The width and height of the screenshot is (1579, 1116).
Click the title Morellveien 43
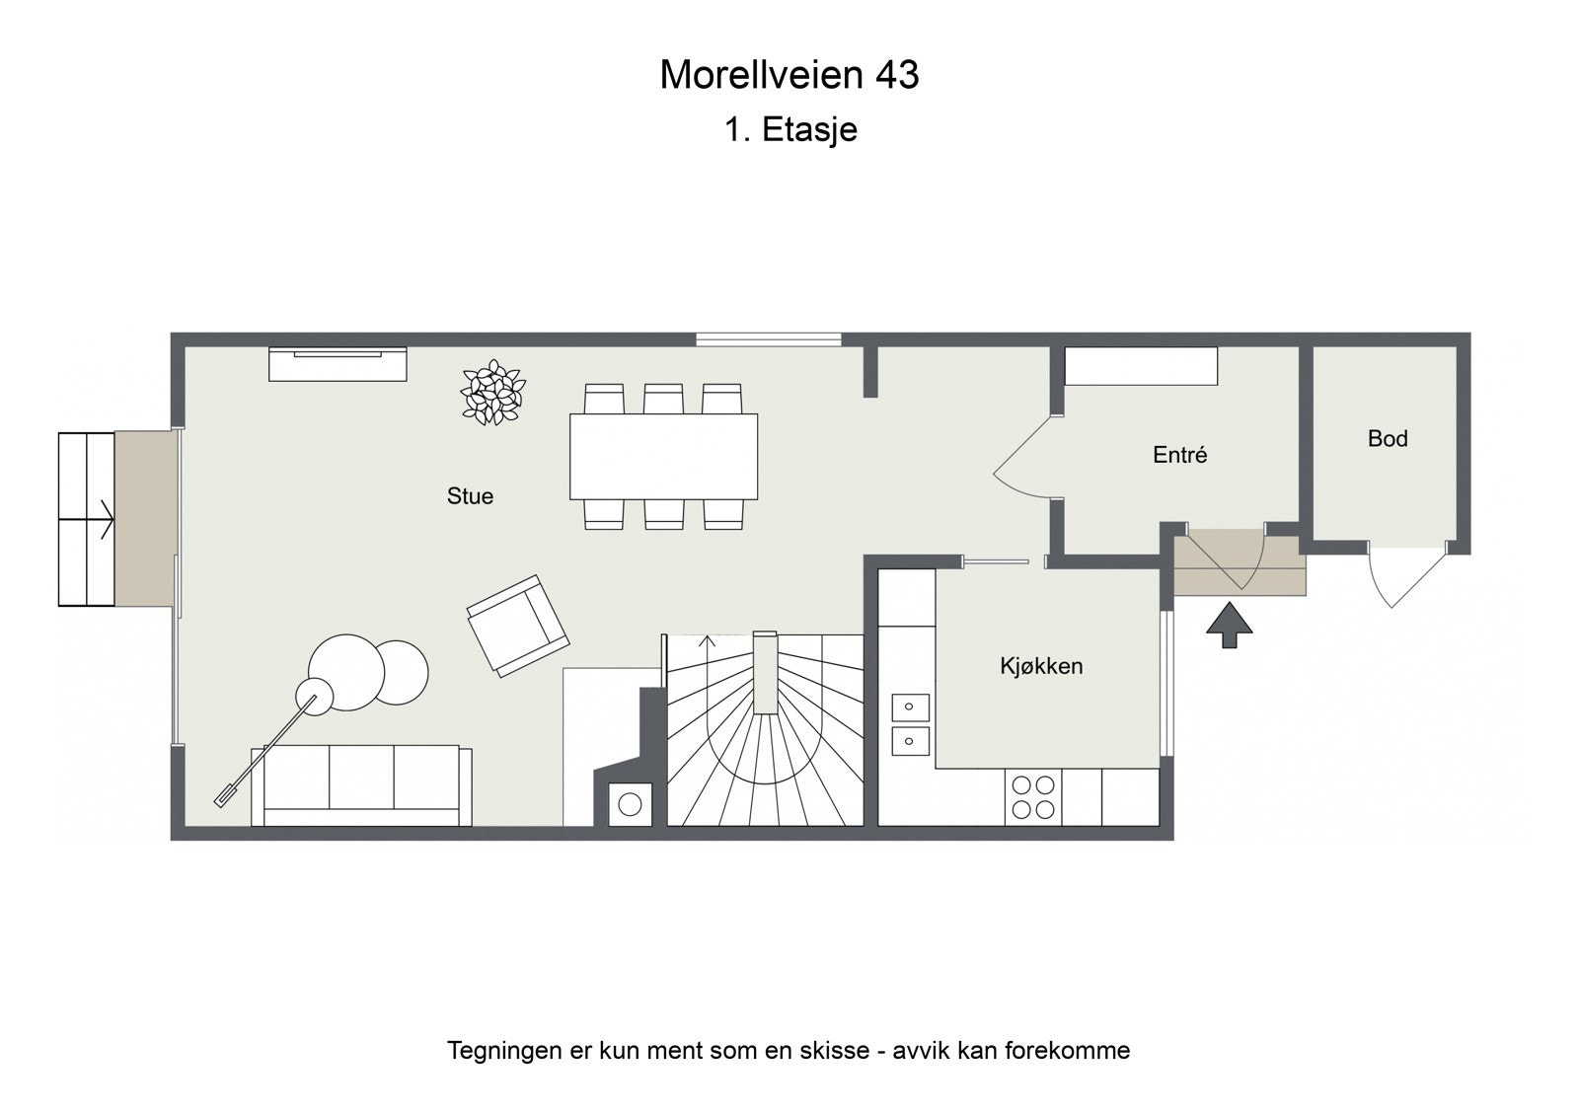point(789,75)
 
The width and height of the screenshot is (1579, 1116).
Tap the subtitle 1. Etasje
point(789,129)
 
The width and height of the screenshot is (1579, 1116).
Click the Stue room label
point(470,496)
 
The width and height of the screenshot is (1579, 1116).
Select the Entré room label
point(1179,455)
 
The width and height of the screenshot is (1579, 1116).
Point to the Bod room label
point(1387,438)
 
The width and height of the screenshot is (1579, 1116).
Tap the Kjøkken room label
point(1041,666)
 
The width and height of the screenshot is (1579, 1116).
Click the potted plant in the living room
point(491,394)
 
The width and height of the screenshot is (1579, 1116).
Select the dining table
point(663,456)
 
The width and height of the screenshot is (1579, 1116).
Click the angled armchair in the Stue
point(517,626)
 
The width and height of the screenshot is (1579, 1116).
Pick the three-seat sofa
point(361,783)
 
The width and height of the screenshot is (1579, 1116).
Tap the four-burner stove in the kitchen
point(1032,797)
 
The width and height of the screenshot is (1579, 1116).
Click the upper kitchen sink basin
point(910,707)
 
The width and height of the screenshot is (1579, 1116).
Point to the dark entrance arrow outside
point(1229,626)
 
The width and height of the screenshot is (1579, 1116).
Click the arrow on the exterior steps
point(102,518)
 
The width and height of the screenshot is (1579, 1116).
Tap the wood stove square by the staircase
point(629,803)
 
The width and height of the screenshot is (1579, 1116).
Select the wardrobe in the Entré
point(1141,366)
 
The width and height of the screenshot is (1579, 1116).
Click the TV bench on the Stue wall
point(338,363)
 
